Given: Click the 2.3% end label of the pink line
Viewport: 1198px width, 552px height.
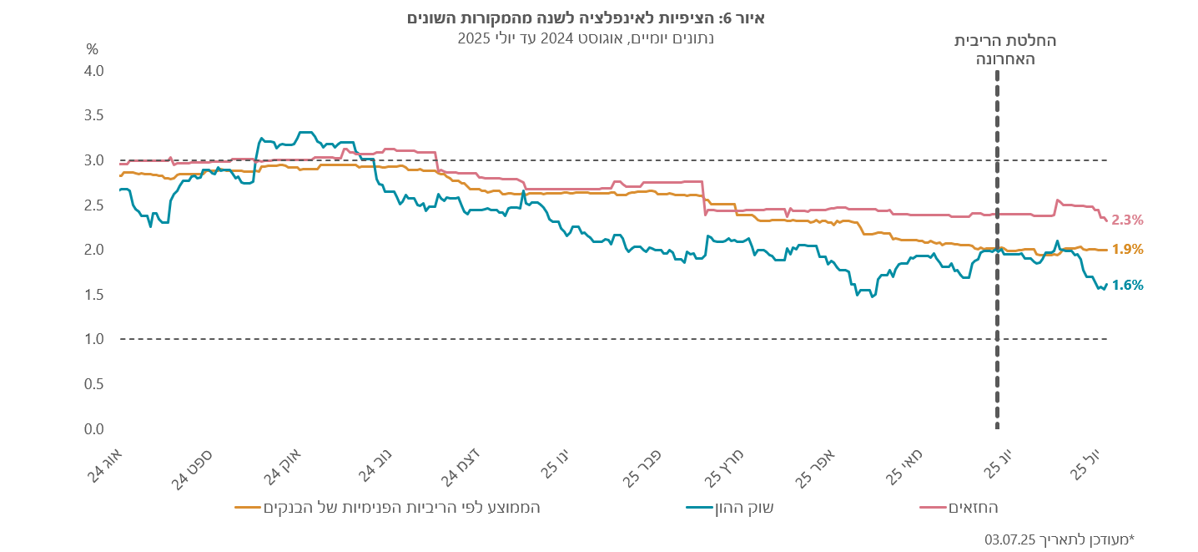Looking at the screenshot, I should [x=1127, y=220].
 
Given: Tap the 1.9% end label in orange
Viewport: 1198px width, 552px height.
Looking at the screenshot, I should [x=1127, y=249].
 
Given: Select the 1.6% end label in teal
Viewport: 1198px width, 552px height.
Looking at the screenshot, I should [x=1127, y=285].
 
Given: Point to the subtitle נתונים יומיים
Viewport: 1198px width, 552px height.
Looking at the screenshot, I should [x=586, y=38].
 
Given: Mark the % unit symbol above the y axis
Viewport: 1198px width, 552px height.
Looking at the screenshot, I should [x=93, y=48].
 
